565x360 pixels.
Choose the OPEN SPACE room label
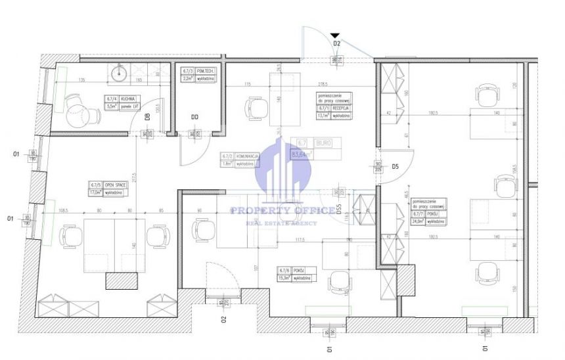(x=115, y=186)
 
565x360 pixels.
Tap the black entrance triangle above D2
(x=336, y=35)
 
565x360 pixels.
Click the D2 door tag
(x=336, y=43)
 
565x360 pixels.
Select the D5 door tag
(x=395, y=167)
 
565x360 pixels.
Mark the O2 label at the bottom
(x=223, y=320)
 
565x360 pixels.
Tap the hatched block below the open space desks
(x=123, y=281)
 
